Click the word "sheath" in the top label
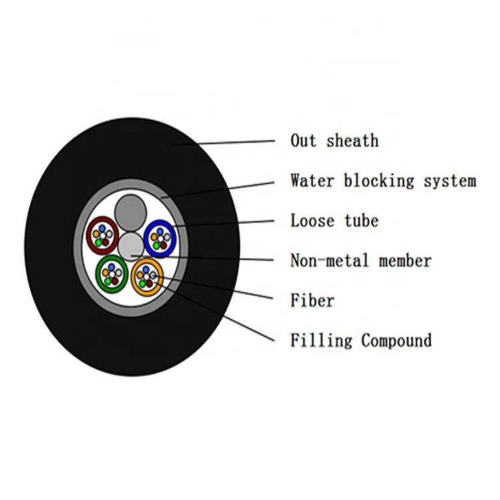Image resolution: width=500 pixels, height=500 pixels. coord(353,141)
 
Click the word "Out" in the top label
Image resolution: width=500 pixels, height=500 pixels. coord(303,141)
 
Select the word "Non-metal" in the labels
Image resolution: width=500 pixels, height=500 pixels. coord(330,261)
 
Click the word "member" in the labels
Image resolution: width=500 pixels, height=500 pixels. coord(405,261)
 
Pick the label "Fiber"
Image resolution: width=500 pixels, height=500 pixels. coord(312,301)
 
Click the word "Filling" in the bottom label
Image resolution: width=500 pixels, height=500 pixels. coord(321,341)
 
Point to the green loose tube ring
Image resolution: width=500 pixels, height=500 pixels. coord(98,273)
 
